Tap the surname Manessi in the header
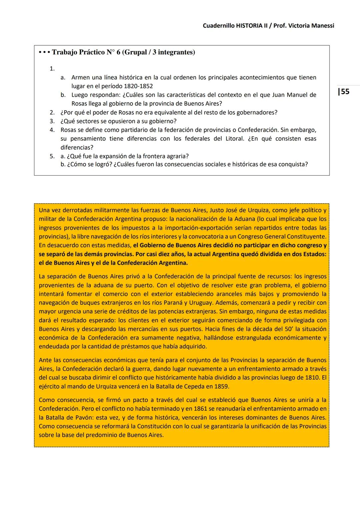coord(321,26)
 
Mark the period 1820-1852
coord(138,86)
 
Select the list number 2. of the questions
coord(52,112)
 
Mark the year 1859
coord(219,387)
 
